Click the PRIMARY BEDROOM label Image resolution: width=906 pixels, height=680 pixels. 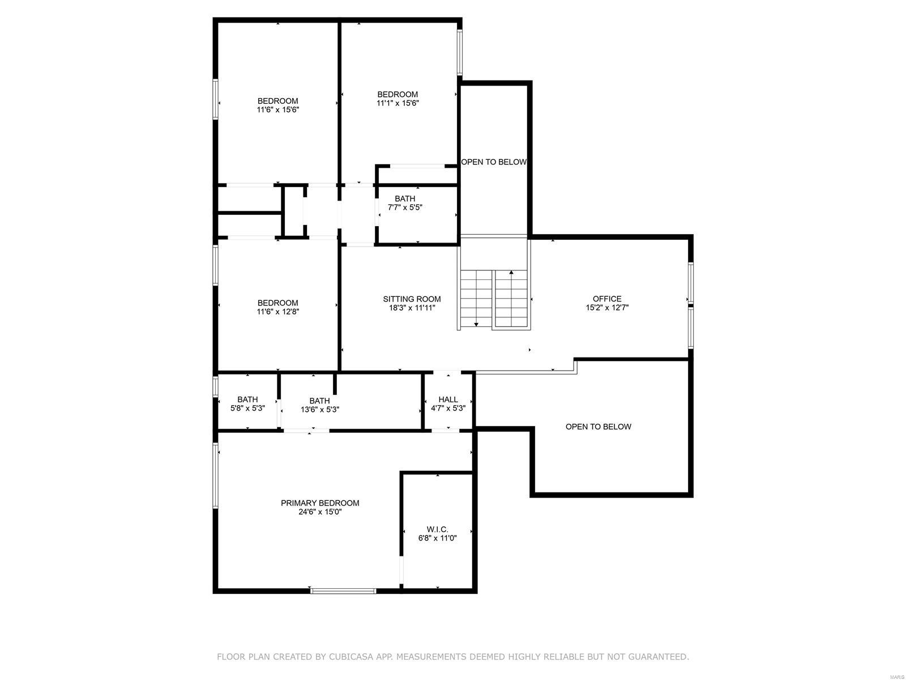point(320,503)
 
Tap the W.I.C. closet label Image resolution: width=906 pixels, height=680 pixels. point(437,529)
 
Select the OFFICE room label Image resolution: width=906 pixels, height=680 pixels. point(607,299)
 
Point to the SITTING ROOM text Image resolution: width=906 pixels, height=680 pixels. point(412,299)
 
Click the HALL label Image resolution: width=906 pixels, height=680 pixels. point(448,399)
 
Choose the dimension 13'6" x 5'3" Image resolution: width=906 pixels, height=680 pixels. point(320,409)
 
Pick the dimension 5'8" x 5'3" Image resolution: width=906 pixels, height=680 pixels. point(247,408)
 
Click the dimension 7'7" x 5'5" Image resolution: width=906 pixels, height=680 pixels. point(405,207)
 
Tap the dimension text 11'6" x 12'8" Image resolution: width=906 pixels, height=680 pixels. point(277,312)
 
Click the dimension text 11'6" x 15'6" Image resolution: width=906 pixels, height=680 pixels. point(277,110)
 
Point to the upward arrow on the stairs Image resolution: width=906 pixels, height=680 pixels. point(511,273)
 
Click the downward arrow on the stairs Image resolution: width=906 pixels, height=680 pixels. point(476,324)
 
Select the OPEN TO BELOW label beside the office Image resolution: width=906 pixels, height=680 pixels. point(598,427)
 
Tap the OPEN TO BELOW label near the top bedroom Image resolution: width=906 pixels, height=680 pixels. point(494,162)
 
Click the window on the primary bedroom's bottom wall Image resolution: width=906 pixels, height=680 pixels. point(343,591)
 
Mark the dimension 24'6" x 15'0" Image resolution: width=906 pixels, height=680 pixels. point(320,512)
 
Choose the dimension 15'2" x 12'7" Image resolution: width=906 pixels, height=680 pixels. point(607,308)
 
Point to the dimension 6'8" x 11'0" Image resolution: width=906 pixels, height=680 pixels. point(437,538)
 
